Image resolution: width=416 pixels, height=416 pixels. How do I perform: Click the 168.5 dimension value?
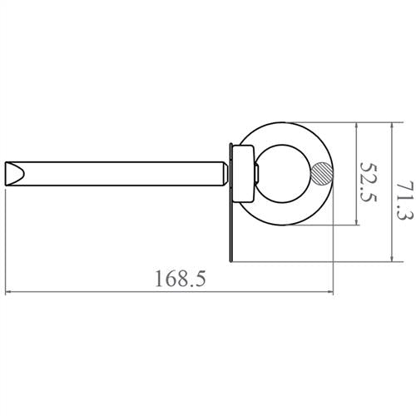click(x=180, y=279)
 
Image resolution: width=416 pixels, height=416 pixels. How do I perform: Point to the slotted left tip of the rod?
click(x=16, y=174)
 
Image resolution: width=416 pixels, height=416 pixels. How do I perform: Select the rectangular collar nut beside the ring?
click(x=244, y=174)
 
